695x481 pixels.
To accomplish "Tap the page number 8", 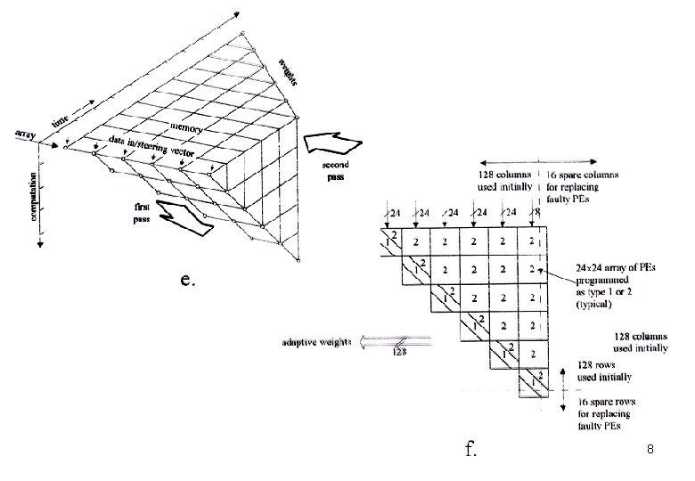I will click(x=651, y=451).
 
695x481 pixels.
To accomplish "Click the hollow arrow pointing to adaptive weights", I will click(x=397, y=341).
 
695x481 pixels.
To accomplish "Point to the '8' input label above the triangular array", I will click(x=536, y=213).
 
